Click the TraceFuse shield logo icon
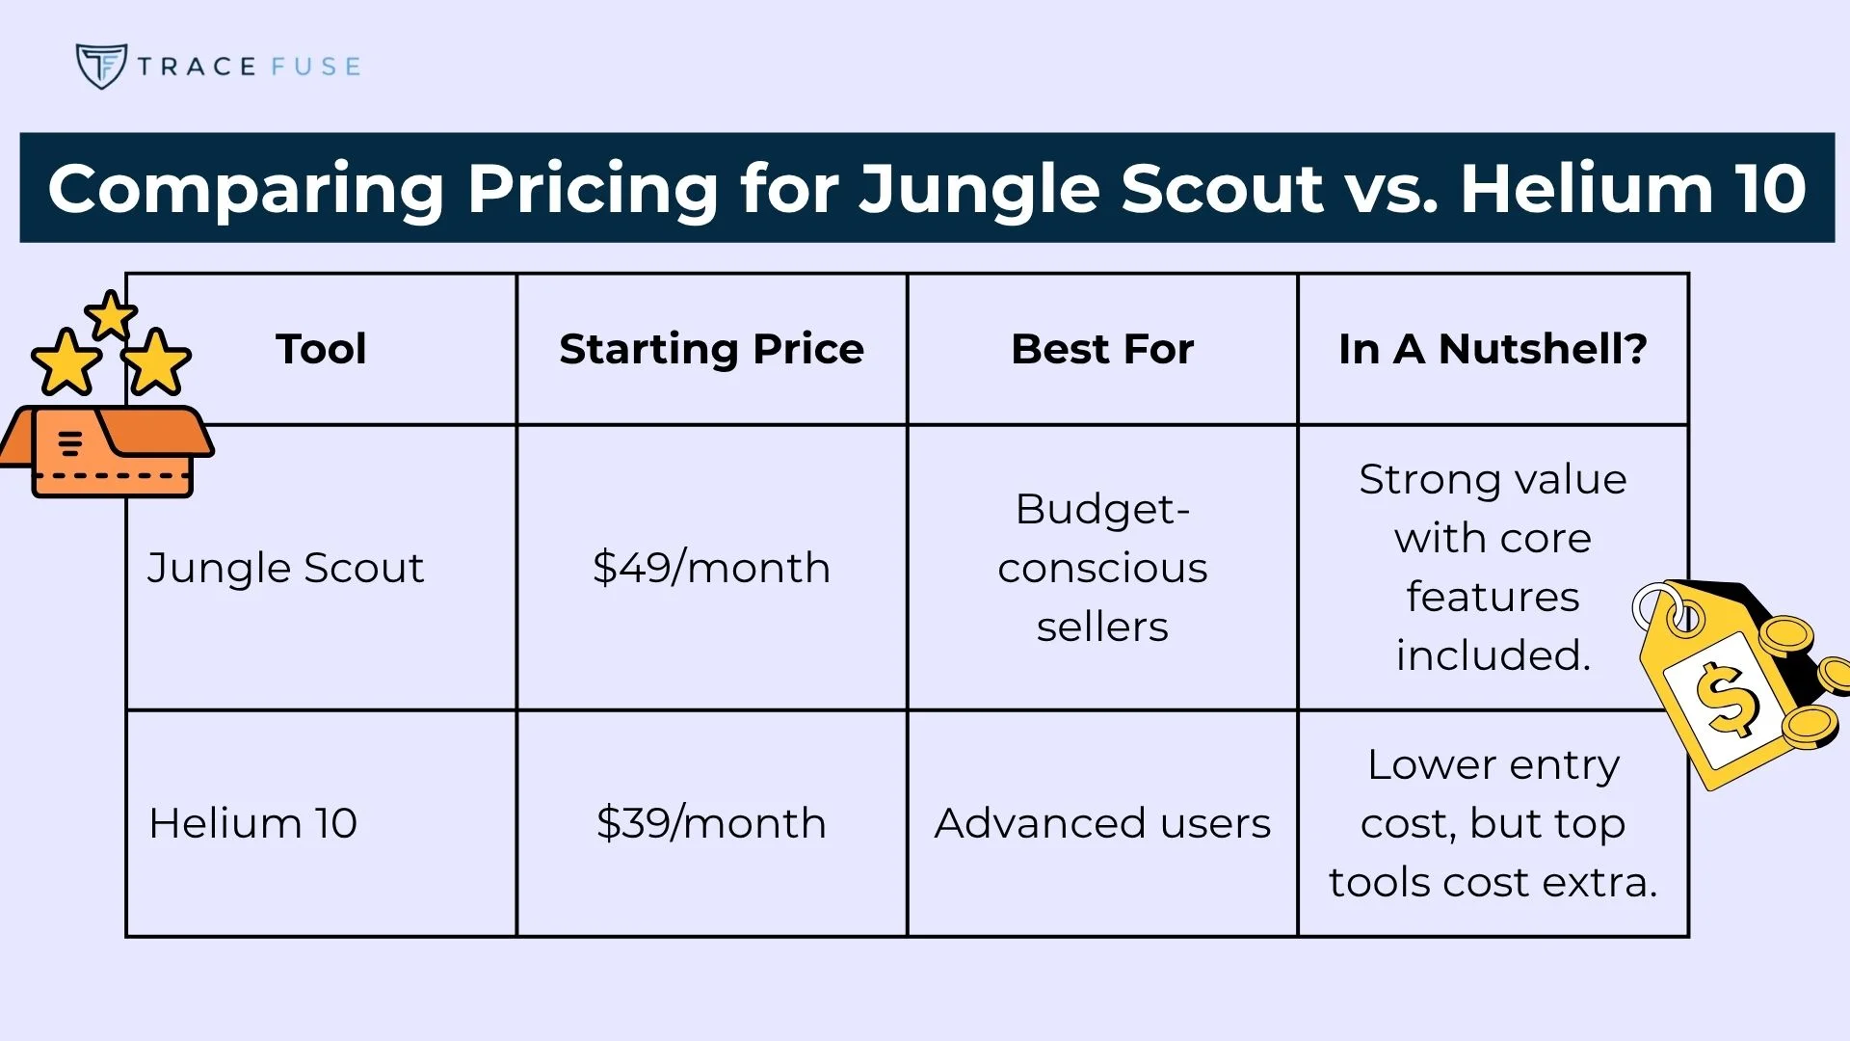click(100, 66)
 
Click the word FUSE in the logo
click(315, 67)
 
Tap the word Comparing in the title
click(246, 188)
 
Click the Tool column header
click(321, 349)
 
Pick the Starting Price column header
click(711, 349)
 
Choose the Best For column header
click(1102, 349)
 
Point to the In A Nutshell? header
click(1493, 349)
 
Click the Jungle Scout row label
click(285, 568)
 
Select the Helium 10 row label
click(252, 823)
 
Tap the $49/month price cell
click(711, 568)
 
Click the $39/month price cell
click(711, 823)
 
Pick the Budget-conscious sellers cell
click(1102, 568)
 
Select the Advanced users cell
click(1102, 823)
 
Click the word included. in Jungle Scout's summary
click(1493, 655)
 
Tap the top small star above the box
click(111, 316)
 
